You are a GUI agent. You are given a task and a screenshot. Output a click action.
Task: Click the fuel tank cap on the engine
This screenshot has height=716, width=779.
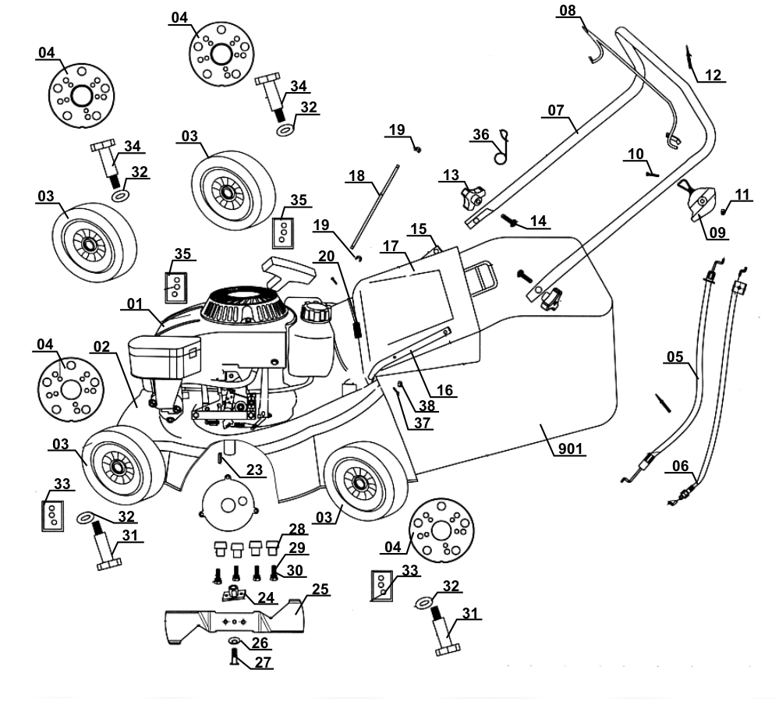317,315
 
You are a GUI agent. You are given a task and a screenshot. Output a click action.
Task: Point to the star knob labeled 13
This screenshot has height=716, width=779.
470,199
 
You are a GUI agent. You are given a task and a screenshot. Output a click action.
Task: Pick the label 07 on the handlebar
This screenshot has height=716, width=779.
555,110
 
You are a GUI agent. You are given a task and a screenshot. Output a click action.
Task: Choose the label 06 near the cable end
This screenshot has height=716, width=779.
681,466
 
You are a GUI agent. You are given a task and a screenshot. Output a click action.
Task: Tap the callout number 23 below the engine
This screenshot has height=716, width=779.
255,470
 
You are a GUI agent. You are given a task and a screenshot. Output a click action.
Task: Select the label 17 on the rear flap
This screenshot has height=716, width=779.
391,246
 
